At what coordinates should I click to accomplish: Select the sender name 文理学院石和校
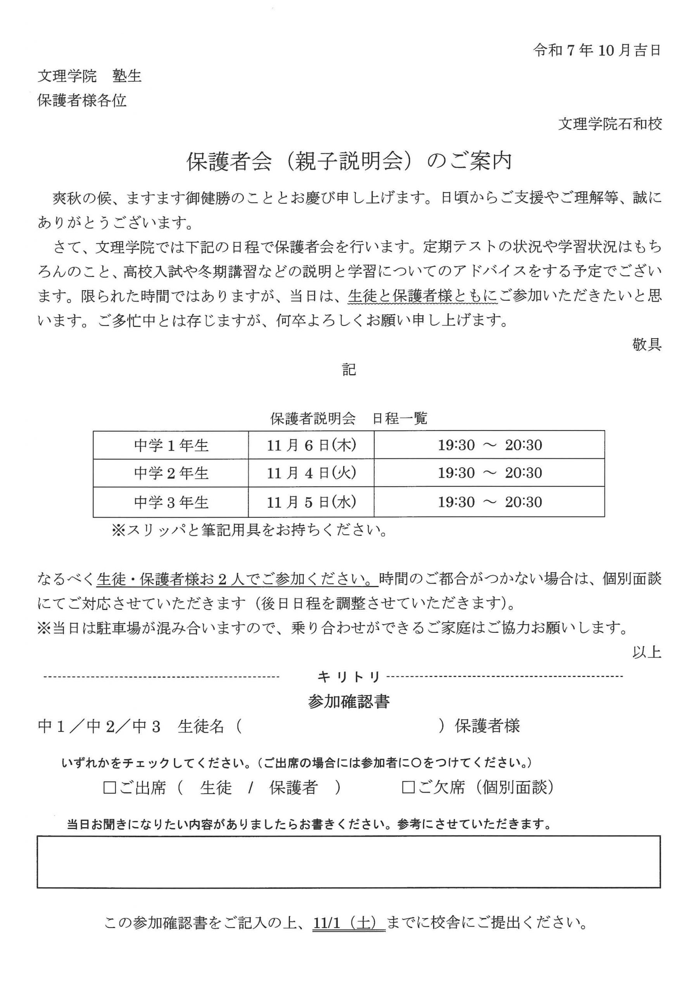610,124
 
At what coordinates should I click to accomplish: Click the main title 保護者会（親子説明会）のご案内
349,162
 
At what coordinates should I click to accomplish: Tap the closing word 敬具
646,344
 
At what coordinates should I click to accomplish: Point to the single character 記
349,369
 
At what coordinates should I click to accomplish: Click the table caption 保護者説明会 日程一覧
349,418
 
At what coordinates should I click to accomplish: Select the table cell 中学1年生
171,446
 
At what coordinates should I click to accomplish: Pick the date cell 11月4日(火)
311,473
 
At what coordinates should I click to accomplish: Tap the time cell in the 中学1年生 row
489,446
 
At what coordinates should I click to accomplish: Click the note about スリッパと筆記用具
249,530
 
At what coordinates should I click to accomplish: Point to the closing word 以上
646,653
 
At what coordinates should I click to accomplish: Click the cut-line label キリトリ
349,677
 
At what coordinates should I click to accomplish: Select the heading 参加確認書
349,702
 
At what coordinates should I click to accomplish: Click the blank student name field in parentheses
339,727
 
